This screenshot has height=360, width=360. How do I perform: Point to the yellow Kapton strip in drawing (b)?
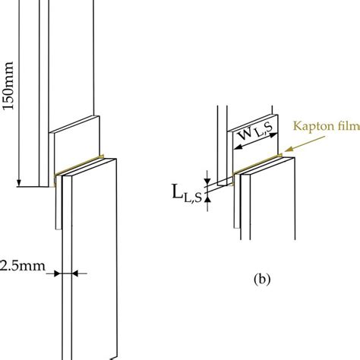point(258,161)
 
